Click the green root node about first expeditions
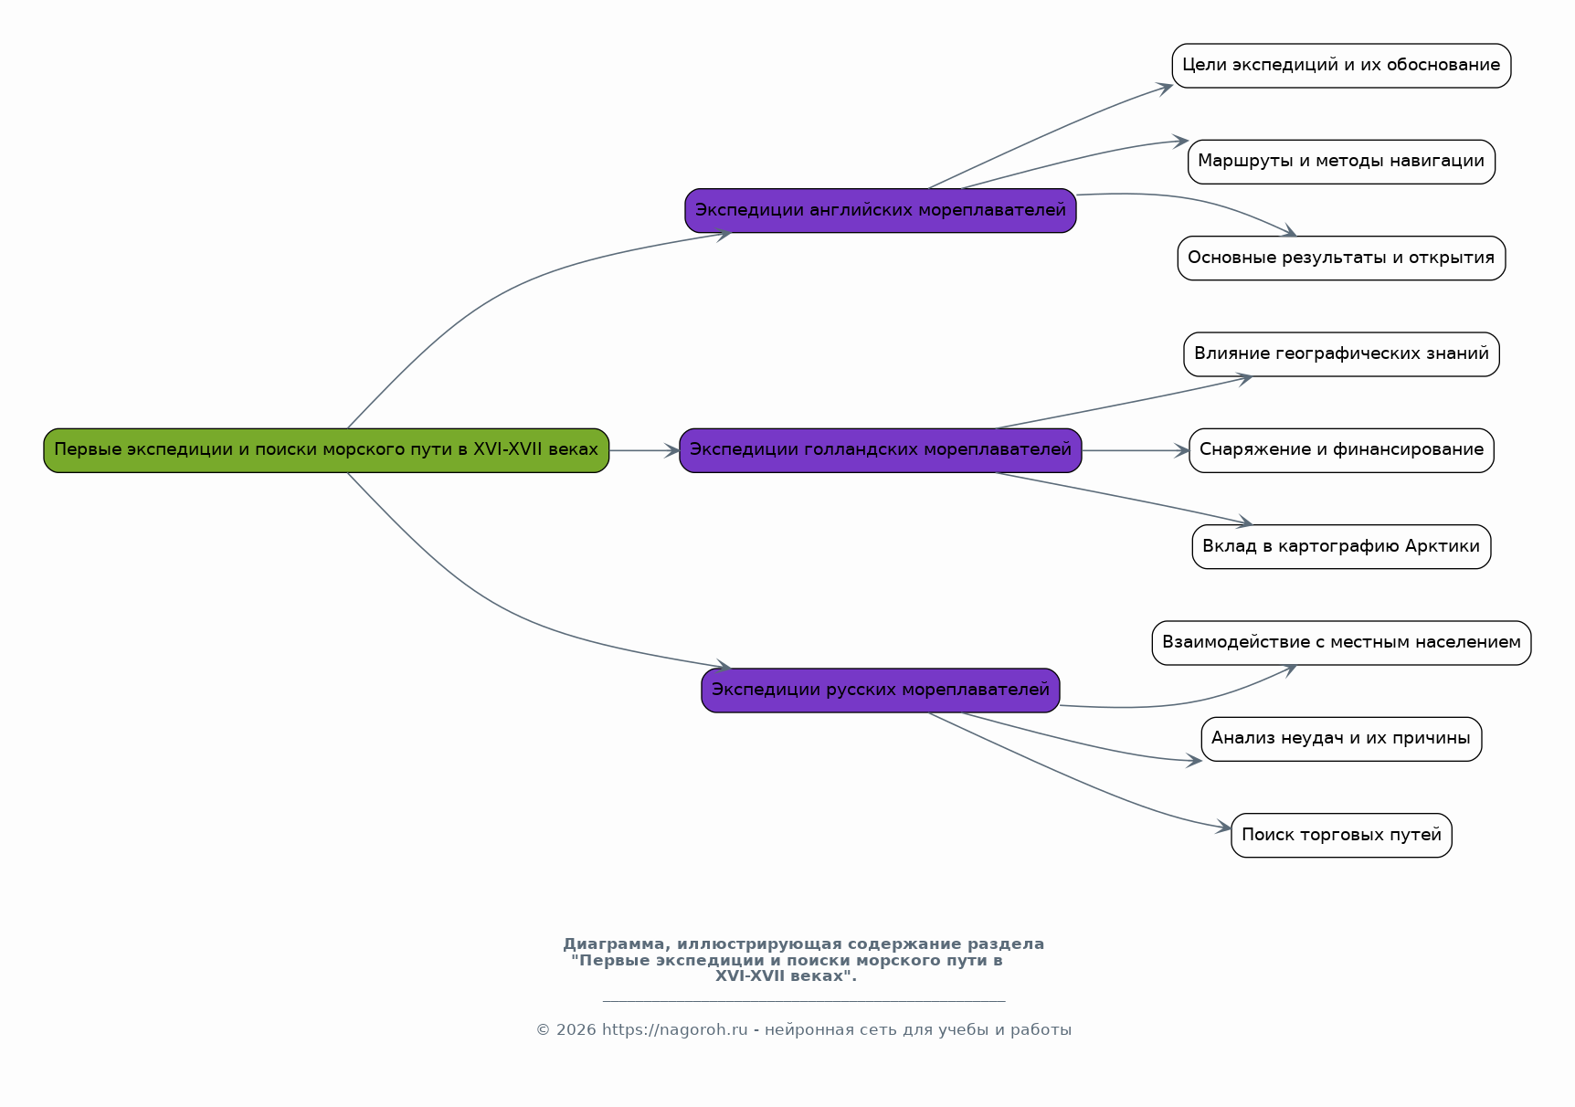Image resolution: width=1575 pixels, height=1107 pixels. pos(326,450)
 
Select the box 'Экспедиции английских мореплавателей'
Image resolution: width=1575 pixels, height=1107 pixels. pos(880,211)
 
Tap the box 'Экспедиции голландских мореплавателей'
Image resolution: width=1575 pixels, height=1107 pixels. pos(880,450)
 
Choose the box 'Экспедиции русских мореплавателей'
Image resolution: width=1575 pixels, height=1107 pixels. pos(880,691)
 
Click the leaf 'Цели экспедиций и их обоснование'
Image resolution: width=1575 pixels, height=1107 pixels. pos(1340,66)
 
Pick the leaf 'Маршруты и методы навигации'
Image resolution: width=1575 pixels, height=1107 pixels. pos(1340,162)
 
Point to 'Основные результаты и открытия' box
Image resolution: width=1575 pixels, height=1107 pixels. pos(1340,258)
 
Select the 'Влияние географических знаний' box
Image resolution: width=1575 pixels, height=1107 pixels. pos(1340,354)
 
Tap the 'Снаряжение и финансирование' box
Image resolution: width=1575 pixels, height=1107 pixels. pos(1340,450)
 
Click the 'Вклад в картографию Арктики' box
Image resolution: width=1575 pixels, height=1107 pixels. pos(1340,547)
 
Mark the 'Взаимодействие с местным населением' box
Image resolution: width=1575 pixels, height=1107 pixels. pos(1340,643)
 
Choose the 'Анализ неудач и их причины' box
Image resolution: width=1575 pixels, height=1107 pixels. pos(1340,739)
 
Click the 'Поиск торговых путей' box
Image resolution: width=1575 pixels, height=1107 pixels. pos(1340,836)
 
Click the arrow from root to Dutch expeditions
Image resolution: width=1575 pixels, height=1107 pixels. pos(644,450)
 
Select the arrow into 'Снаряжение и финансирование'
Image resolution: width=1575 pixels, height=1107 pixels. pos(1135,450)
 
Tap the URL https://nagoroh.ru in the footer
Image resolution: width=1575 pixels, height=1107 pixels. pos(674,1030)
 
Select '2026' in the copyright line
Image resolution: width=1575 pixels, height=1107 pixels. pos(576,1030)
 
